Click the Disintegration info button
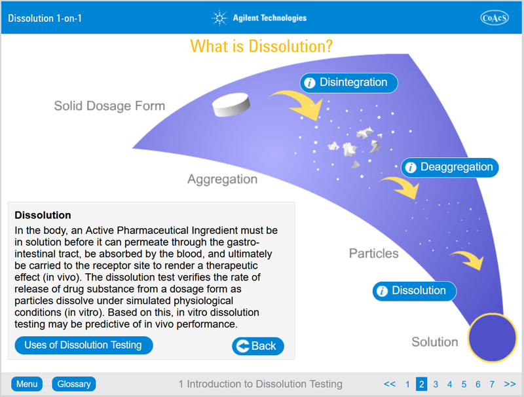(x=348, y=83)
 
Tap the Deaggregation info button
(x=449, y=167)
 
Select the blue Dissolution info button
(x=415, y=291)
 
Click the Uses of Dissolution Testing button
(x=84, y=345)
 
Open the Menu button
(x=27, y=384)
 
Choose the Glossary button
(x=74, y=384)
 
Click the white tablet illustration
(x=231, y=105)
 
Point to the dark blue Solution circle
(x=492, y=337)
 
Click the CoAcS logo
(x=495, y=18)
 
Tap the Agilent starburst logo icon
(x=219, y=18)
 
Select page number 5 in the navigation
(x=464, y=385)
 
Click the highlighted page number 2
(x=421, y=385)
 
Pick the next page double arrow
(x=510, y=384)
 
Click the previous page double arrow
(x=390, y=384)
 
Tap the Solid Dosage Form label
(x=109, y=106)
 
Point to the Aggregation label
(x=222, y=180)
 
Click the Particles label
(x=373, y=254)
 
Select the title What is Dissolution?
(x=261, y=46)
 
